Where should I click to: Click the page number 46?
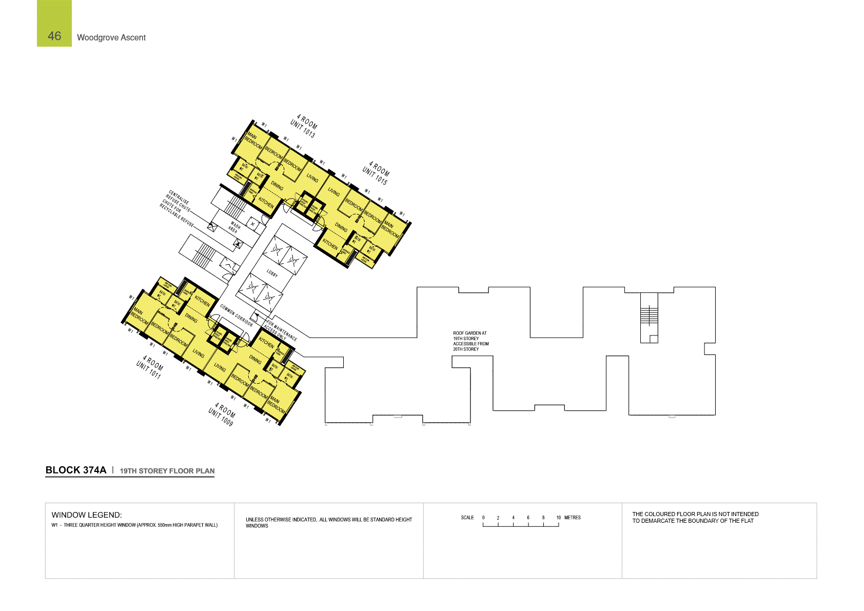click(x=54, y=36)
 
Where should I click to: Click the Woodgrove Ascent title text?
click(x=111, y=37)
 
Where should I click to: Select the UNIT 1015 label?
click(x=375, y=176)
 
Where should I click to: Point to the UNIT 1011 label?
click(x=149, y=369)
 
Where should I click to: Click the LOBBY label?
click(x=272, y=273)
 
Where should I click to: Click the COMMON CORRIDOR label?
click(x=237, y=316)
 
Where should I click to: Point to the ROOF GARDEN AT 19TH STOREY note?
click(x=470, y=341)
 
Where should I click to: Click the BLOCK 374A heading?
click(x=76, y=470)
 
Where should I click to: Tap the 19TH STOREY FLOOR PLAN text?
click(x=167, y=471)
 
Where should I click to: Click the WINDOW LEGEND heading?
click(x=87, y=515)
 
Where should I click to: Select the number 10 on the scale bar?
click(x=558, y=518)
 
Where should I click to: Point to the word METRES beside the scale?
click(x=573, y=518)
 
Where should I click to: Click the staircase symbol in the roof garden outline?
click(x=649, y=314)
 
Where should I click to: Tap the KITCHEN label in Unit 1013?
click(x=266, y=202)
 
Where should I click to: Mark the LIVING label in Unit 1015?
click(x=334, y=192)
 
